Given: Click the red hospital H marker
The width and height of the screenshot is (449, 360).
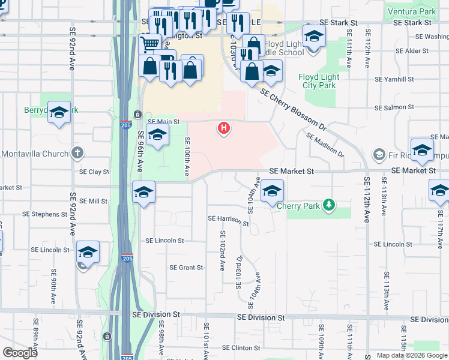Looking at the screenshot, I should (224, 128).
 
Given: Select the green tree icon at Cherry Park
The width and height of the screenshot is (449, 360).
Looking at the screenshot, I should (328, 205).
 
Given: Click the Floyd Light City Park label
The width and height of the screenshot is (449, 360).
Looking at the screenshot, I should (318, 81).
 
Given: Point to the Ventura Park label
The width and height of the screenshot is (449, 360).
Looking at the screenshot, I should (412, 11).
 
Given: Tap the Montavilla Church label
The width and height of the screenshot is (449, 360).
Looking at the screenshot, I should (35, 154).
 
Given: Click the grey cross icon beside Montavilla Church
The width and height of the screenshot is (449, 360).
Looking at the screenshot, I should (76, 153).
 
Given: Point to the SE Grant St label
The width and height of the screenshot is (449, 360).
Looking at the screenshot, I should (186, 268).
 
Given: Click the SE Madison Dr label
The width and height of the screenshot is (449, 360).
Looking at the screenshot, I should (325, 145).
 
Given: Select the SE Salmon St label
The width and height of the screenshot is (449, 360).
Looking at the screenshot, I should (394, 107).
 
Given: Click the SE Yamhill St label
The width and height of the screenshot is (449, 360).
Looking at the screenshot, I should (394, 79).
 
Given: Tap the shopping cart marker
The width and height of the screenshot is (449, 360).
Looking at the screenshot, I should (149, 43).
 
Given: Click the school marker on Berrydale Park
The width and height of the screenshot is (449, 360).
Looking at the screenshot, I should (59, 112).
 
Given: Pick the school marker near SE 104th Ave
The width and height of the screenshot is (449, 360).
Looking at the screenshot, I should (272, 192).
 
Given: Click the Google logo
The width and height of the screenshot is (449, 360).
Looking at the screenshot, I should (20, 353).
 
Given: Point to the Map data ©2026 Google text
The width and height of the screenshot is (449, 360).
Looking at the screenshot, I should (412, 355).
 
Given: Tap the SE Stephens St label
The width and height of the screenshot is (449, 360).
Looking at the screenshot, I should (44, 214).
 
